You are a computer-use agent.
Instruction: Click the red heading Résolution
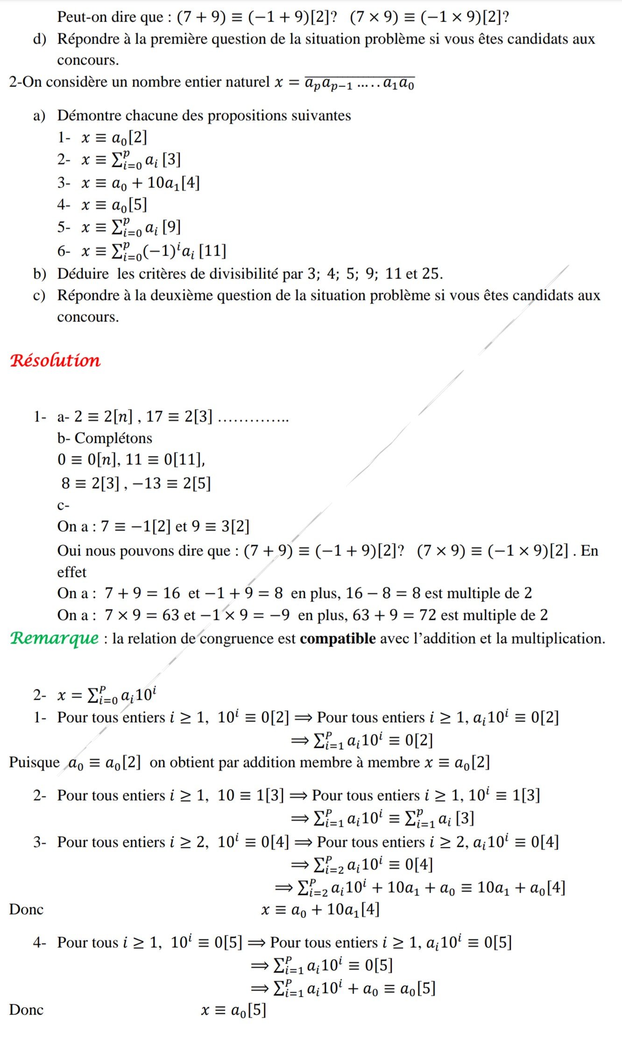pyautogui.click(x=55, y=361)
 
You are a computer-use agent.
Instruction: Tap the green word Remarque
pyautogui.click(x=55, y=638)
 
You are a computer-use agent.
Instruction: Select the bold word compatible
pyautogui.click(x=338, y=638)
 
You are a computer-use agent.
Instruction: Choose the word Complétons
pyautogui.click(x=113, y=438)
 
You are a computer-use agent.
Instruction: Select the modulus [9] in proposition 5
pyautogui.click(x=171, y=227)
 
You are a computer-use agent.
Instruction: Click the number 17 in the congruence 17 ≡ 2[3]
pyautogui.click(x=154, y=416)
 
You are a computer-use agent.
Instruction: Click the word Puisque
pyautogui.click(x=34, y=762)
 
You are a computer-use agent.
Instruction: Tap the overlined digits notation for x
pyautogui.click(x=359, y=83)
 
